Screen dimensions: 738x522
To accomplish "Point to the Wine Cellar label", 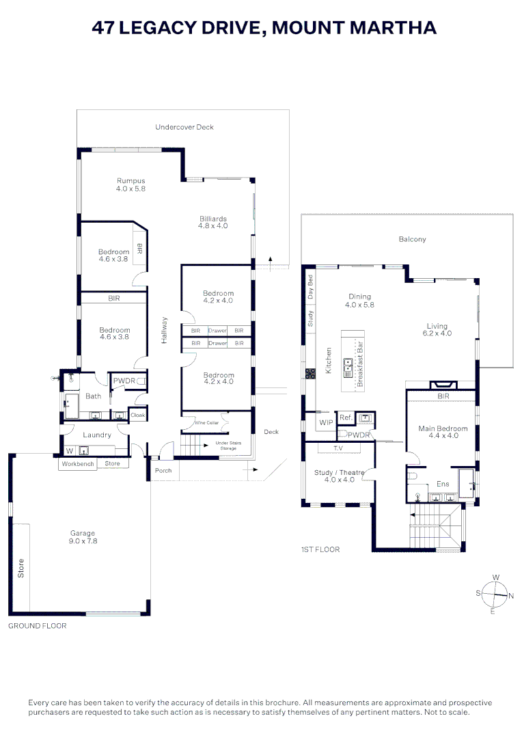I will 207,423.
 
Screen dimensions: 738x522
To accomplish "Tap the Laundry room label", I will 97,435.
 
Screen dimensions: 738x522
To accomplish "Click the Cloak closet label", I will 137,415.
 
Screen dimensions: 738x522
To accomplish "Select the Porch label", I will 163,471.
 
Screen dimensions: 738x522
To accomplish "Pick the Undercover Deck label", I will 184,127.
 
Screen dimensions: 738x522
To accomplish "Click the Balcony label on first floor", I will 412,239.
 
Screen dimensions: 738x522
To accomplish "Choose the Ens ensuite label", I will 443,484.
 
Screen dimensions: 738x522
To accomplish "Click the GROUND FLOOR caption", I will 37,626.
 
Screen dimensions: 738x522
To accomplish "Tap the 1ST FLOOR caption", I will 320,549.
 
